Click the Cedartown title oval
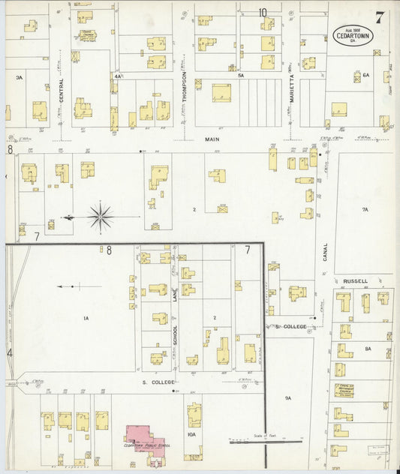pyautogui.click(x=351, y=34)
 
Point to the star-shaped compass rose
pyautogui.click(x=101, y=217)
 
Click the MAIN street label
pyautogui.click(x=211, y=139)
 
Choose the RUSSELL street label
pyautogui.click(x=355, y=281)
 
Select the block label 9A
pyautogui.click(x=287, y=397)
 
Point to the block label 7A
pyautogui.click(x=365, y=210)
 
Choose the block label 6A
pyautogui.click(x=366, y=76)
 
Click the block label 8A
pyautogui.click(x=368, y=349)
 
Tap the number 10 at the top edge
pyautogui.click(x=263, y=12)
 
